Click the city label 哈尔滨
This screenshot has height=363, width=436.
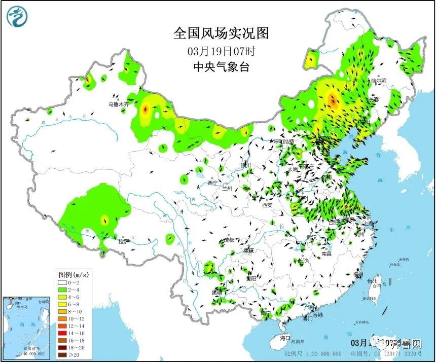click(x=378, y=81)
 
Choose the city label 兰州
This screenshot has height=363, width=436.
click(x=227, y=188)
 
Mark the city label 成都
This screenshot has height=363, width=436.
click(x=229, y=239)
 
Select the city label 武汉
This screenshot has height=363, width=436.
click(x=311, y=237)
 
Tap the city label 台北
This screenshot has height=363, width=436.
click(x=373, y=281)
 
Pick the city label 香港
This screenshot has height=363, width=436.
click(x=317, y=315)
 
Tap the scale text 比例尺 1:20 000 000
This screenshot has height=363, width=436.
click(x=307, y=353)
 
